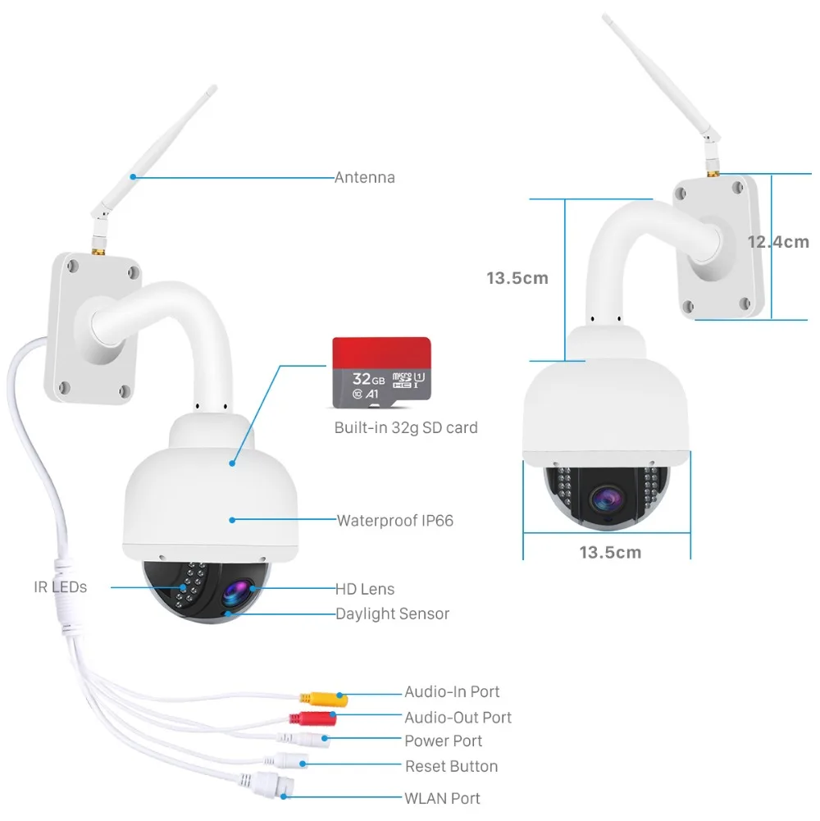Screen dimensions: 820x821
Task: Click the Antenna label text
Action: pyautogui.click(x=364, y=177)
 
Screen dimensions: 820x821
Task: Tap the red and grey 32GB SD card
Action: pyautogui.click(x=382, y=372)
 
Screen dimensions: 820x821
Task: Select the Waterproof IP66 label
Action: pyautogui.click(x=394, y=521)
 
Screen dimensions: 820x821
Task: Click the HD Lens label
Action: pyautogui.click(x=364, y=589)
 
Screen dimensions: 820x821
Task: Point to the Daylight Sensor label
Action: pyautogui.click(x=392, y=613)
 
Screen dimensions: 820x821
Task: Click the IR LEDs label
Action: pyautogui.click(x=60, y=587)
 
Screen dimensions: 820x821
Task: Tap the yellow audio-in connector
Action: pyautogui.click(x=324, y=699)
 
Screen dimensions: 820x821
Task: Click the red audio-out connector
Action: pyautogui.click(x=312, y=718)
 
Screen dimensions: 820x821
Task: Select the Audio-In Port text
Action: pyautogui.click(x=452, y=691)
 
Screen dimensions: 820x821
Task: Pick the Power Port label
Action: pyautogui.click(x=443, y=741)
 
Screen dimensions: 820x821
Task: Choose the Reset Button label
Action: pyautogui.click(x=451, y=766)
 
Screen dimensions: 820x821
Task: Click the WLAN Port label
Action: pyautogui.click(x=442, y=798)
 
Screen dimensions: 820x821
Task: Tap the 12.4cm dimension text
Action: pyautogui.click(x=778, y=242)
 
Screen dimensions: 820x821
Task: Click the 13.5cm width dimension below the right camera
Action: pyautogui.click(x=610, y=553)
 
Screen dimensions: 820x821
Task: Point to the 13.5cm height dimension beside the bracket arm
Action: pyautogui.click(x=517, y=278)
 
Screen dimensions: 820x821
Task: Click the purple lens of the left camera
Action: pyautogui.click(x=237, y=594)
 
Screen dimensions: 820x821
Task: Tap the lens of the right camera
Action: pyautogui.click(x=608, y=499)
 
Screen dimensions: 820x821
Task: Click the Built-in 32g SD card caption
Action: pyautogui.click(x=406, y=428)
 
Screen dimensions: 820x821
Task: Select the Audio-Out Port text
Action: pyautogui.click(x=458, y=718)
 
